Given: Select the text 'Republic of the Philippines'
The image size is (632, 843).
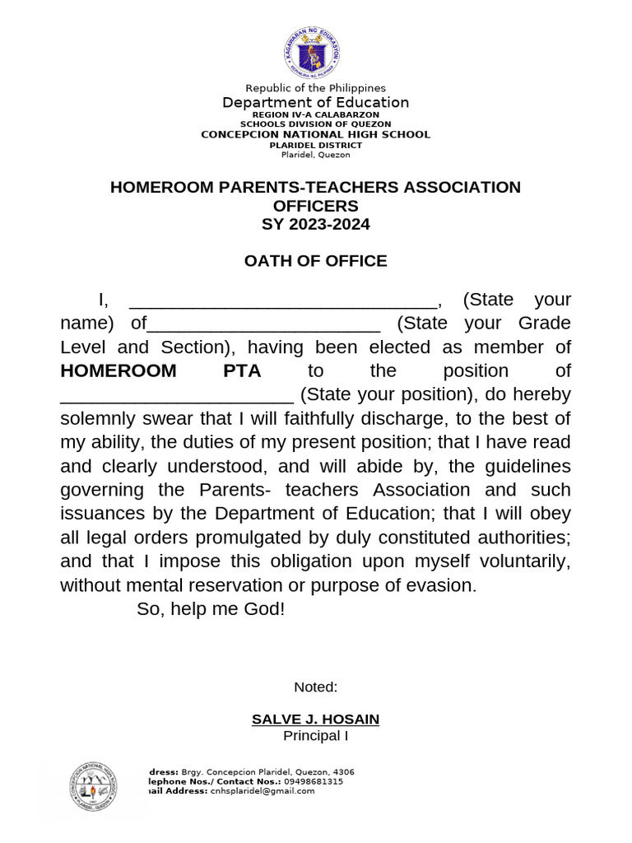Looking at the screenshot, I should (x=315, y=88).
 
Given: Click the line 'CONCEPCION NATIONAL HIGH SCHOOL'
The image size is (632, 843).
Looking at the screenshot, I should (x=315, y=134).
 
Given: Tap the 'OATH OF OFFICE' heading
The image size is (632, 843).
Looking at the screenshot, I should (x=315, y=261).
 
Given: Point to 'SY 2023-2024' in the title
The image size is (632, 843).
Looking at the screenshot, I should (x=315, y=224).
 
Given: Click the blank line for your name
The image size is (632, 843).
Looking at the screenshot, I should (x=283, y=301).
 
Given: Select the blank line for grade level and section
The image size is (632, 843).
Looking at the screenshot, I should (x=263, y=324).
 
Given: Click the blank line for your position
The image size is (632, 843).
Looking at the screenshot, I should (x=177, y=396).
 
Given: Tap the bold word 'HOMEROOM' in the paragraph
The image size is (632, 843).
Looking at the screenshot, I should (x=118, y=371).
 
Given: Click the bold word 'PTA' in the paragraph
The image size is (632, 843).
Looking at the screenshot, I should (x=242, y=371).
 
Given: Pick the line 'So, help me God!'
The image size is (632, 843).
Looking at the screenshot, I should (x=210, y=610).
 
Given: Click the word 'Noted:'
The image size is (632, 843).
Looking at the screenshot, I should (x=315, y=687).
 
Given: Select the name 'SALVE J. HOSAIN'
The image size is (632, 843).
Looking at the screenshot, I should (x=315, y=720).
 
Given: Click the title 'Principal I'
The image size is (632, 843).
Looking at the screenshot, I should (x=315, y=735).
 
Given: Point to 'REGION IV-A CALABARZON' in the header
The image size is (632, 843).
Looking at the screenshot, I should (x=315, y=116).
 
